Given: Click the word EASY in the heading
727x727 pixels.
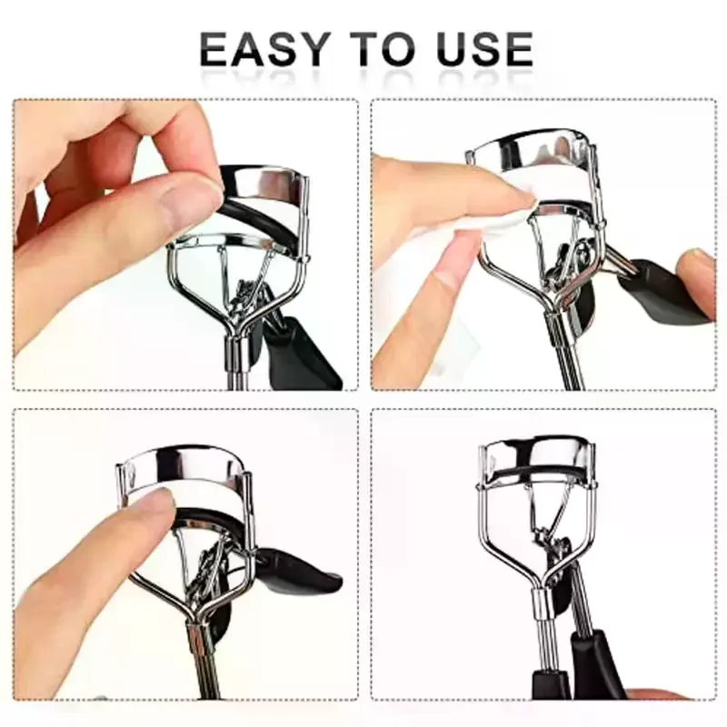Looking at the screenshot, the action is click(x=263, y=49).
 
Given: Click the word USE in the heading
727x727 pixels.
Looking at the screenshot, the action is click(x=484, y=49).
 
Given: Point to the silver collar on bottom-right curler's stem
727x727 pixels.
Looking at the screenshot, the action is click(x=540, y=603).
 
